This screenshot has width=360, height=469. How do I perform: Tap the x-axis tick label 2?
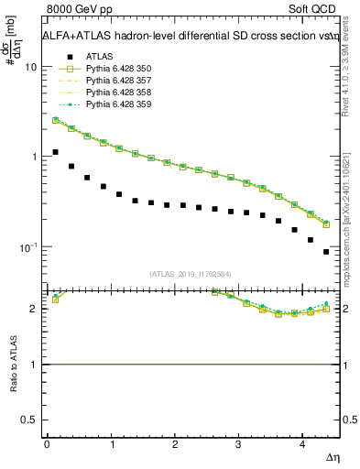pos(174,443)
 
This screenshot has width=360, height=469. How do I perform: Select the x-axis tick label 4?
pos(301,443)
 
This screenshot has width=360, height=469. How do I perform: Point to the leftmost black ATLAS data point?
pos(56,152)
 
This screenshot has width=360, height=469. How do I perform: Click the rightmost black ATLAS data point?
pos(326,251)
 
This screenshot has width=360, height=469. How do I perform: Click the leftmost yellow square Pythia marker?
pos(56,120)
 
